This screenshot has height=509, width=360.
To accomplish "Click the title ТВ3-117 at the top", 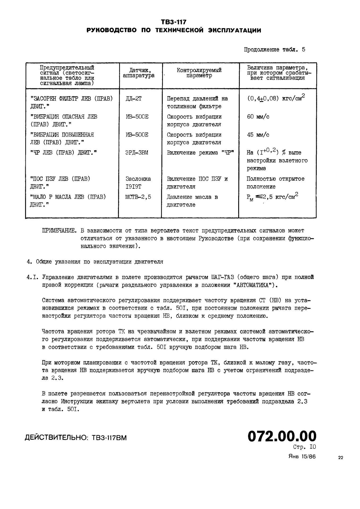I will tap(174, 22).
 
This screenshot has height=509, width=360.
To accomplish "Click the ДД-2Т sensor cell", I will tap(134, 99).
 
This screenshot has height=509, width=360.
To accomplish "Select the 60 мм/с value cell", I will tap(258, 117).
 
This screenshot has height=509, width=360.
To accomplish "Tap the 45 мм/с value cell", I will tap(258, 135).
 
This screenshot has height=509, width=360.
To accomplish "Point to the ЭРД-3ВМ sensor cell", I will tap(137, 153).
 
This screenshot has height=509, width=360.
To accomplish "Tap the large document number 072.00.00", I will tap(282, 436).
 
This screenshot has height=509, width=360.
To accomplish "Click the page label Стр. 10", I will tap(305, 447).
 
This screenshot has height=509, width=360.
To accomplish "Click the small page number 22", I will tap(341, 458).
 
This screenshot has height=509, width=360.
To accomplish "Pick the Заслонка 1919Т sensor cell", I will tap(138, 182).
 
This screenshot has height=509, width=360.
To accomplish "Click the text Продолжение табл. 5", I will tap(274, 50).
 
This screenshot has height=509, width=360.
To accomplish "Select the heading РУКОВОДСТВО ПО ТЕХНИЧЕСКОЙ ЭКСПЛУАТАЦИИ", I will tap(174, 30).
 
